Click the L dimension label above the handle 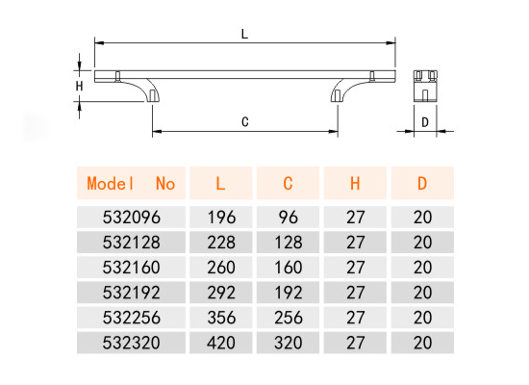(245, 34)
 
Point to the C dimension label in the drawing (245, 121)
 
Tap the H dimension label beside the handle (79, 87)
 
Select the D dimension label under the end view (425, 122)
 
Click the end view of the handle (425, 86)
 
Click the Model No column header (131, 184)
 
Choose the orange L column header (220, 184)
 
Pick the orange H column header (355, 184)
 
